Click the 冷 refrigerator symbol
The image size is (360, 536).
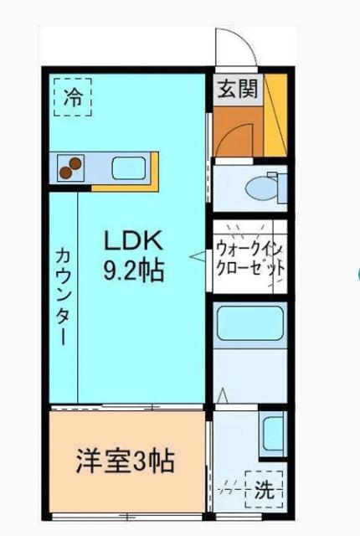(74, 96)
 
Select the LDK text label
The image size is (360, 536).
(133, 240)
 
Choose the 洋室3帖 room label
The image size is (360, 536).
(126, 461)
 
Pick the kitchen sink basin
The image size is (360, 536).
(129, 168)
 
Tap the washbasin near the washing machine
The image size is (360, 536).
(272, 431)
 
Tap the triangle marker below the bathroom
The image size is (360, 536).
(222, 394)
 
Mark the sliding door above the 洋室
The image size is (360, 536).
(126, 408)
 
